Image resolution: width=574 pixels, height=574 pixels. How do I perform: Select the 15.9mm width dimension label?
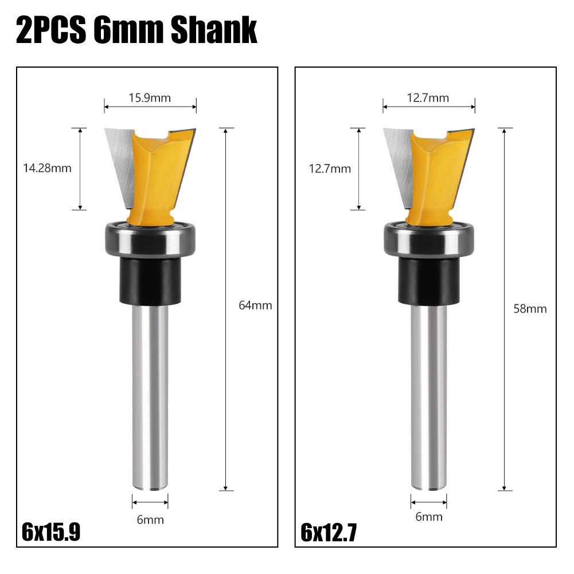(x=150, y=97)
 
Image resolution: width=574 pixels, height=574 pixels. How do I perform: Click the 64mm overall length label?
(x=255, y=306)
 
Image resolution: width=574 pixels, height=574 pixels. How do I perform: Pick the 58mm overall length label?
(x=530, y=309)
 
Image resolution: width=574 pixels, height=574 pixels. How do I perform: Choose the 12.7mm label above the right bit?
(x=428, y=98)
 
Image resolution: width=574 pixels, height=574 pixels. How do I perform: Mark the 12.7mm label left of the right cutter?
(x=330, y=169)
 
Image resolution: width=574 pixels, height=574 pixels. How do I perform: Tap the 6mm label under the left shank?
(x=150, y=520)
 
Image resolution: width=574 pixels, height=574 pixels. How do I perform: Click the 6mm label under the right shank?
(x=429, y=517)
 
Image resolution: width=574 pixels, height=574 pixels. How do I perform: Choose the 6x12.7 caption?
(x=329, y=533)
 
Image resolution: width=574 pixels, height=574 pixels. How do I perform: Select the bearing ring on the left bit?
(x=150, y=239)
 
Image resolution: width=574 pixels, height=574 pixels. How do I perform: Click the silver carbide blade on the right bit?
(x=398, y=166)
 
